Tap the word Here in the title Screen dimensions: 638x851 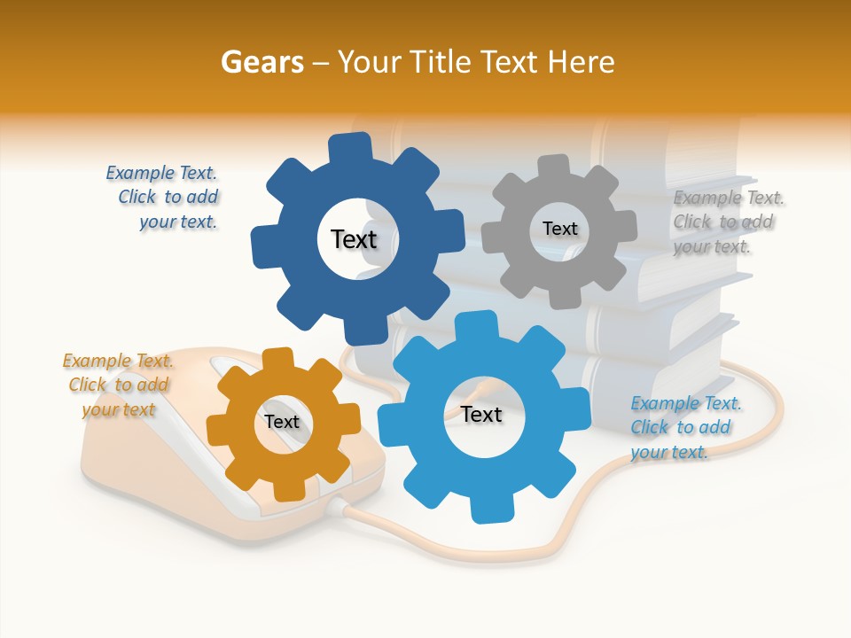[x=582, y=62]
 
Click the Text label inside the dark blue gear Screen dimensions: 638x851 [x=354, y=239]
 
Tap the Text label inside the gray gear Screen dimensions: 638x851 [x=559, y=229]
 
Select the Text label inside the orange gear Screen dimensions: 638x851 [x=282, y=422]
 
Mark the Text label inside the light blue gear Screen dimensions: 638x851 [x=481, y=414]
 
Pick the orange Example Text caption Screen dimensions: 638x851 [x=119, y=385]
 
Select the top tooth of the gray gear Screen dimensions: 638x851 [x=554, y=164]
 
